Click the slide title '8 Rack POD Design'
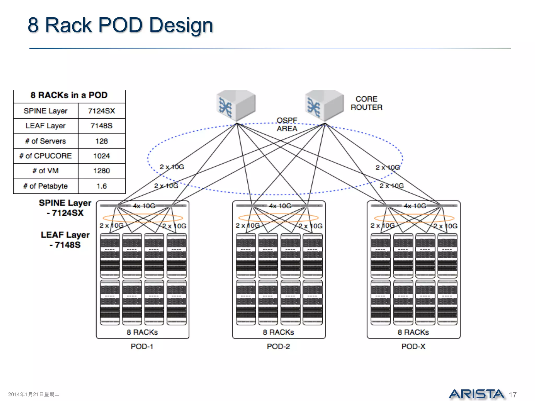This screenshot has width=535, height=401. pyautogui.click(x=120, y=25)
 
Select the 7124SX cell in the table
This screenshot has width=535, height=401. pyautogui.click(x=101, y=111)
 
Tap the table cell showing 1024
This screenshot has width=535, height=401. pyautogui.click(x=101, y=156)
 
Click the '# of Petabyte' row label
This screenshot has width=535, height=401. pyautogui.click(x=45, y=186)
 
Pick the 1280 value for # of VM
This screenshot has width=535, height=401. pyautogui.click(x=101, y=171)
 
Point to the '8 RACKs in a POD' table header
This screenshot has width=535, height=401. pyautogui.click(x=69, y=95)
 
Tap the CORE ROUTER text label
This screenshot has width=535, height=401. pyautogui.click(x=366, y=103)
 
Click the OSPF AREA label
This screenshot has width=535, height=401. pyautogui.click(x=287, y=125)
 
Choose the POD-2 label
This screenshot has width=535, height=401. pyautogui.click(x=278, y=346)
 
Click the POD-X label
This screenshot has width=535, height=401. pyautogui.click(x=413, y=346)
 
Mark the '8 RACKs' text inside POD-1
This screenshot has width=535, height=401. pyautogui.click(x=142, y=332)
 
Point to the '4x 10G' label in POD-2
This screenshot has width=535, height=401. pyautogui.click(x=280, y=206)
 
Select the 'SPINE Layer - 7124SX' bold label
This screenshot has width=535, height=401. pyautogui.click(x=65, y=208)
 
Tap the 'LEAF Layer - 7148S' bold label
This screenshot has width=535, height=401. pyautogui.click(x=65, y=240)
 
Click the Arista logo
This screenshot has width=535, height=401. pyautogui.click(x=476, y=394)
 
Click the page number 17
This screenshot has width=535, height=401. pyautogui.click(x=513, y=395)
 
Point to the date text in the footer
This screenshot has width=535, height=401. pyautogui.click(x=34, y=394)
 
